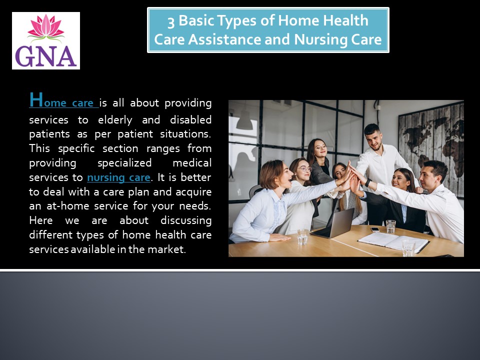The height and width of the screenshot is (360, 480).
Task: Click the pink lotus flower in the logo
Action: [46, 27]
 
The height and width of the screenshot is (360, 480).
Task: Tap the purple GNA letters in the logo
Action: [46, 57]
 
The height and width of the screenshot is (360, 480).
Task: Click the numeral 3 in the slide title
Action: [171, 21]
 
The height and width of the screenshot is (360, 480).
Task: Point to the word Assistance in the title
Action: [224, 39]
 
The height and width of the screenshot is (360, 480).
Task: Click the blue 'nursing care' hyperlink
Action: [118, 177]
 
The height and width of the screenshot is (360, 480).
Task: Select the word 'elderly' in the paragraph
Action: [115, 119]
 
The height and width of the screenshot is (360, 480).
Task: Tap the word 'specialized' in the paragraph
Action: [124, 163]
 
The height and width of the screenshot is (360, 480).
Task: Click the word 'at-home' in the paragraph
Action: [67, 205]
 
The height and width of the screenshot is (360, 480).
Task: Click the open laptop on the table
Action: [333, 224]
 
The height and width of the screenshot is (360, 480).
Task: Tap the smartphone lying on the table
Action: [374, 229]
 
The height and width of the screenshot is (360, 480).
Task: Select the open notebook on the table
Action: [393, 241]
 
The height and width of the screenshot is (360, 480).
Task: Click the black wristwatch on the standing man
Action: [368, 182]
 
